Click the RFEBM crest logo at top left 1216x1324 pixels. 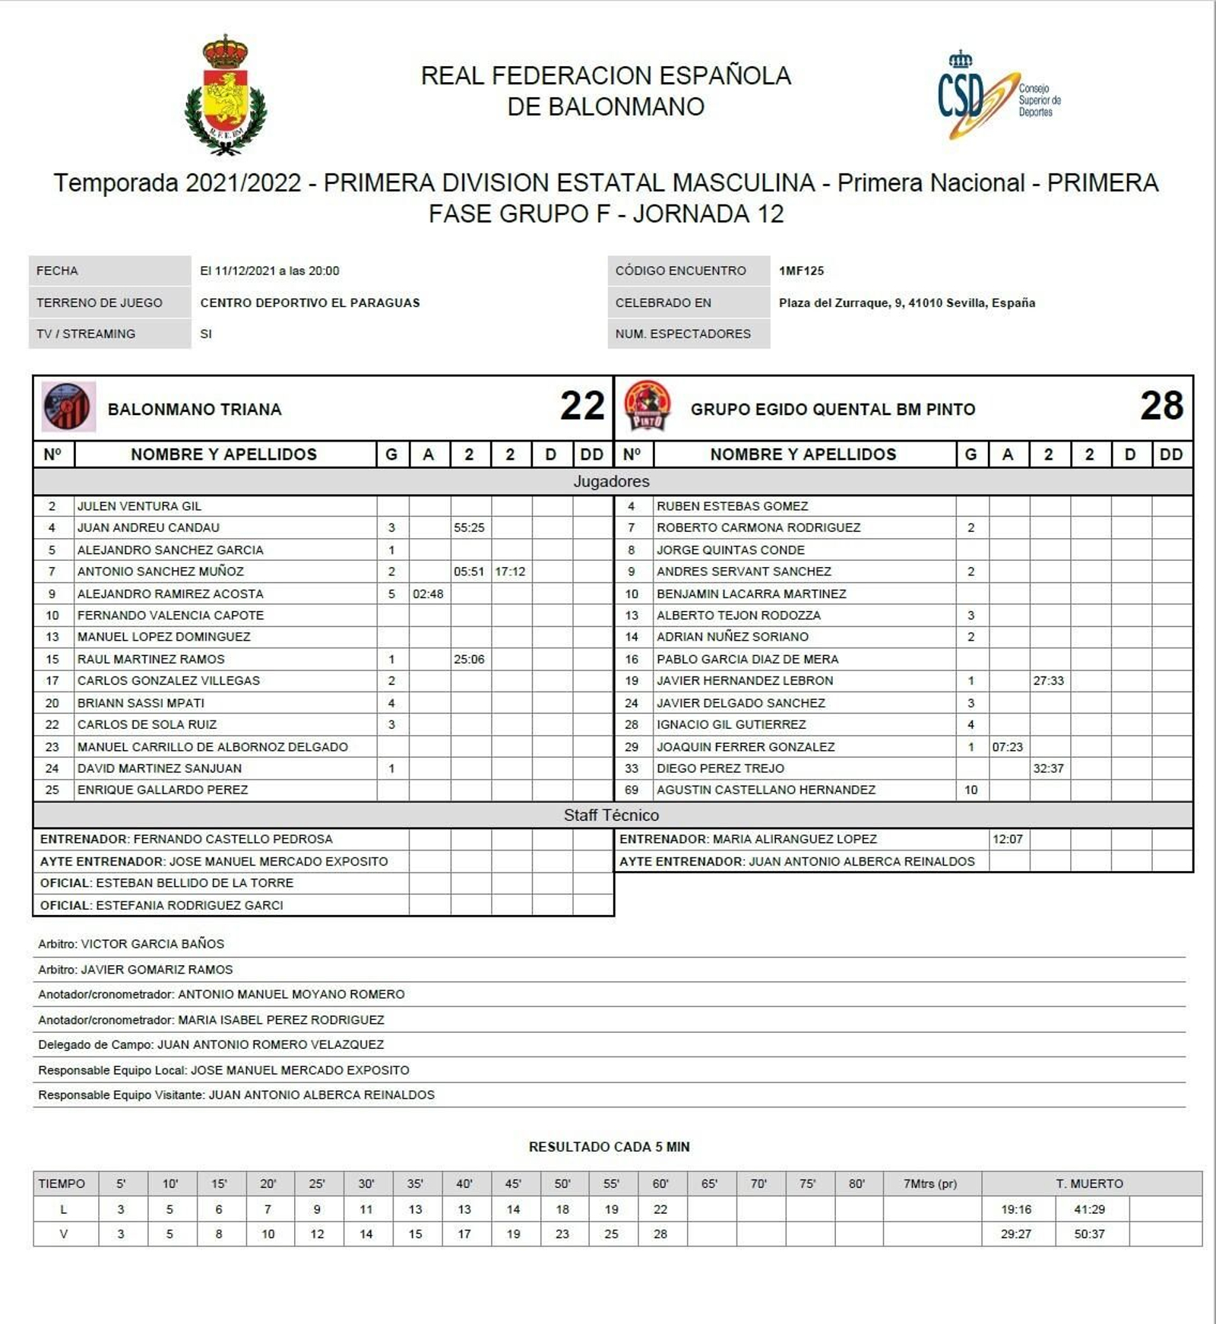(x=226, y=95)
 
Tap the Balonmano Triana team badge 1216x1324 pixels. (x=68, y=407)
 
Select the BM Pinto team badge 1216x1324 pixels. (x=647, y=407)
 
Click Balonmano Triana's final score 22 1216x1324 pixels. (x=582, y=406)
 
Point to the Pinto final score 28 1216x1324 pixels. (x=1161, y=406)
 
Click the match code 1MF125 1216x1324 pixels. (x=801, y=271)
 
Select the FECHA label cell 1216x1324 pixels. (x=109, y=271)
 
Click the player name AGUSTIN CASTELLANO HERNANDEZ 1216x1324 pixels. (x=766, y=790)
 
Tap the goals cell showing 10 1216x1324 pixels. (x=971, y=790)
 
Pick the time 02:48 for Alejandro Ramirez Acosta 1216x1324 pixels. (x=428, y=594)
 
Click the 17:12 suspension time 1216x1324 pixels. (x=510, y=572)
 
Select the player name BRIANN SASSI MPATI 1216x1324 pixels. (x=141, y=703)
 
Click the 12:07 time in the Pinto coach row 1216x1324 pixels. (x=1007, y=839)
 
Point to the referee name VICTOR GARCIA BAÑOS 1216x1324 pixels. (x=152, y=944)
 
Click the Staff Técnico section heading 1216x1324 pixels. (x=611, y=815)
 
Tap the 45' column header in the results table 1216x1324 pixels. (x=513, y=1183)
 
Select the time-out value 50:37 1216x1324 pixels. (x=1089, y=1234)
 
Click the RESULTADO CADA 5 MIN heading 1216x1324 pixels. (x=609, y=1146)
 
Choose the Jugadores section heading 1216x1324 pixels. (x=611, y=481)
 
